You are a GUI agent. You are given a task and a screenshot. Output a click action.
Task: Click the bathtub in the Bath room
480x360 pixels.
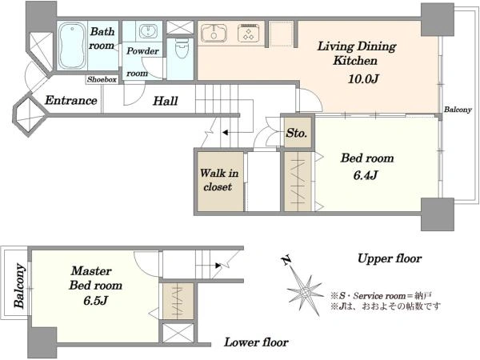pos(73,46)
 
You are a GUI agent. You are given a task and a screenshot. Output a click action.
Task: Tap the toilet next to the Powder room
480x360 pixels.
pos(182,47)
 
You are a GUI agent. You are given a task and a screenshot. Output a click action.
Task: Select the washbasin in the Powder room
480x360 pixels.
pos(149,30)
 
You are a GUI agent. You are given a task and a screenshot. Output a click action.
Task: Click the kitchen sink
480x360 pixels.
pos(214,34)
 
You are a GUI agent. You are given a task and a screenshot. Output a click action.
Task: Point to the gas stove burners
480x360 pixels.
pos(248,33)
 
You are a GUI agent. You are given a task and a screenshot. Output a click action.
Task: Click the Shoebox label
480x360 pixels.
pos(102,79)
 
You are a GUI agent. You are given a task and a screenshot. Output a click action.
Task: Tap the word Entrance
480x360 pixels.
pos(71,100)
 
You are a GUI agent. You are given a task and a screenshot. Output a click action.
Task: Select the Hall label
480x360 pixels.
pos(166,101)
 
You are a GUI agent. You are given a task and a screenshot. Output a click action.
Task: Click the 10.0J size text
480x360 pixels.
pos(364,78)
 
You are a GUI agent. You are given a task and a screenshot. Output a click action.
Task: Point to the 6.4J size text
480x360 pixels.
pos(366,175)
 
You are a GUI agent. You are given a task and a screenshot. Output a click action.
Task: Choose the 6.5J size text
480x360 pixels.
pos(95,300)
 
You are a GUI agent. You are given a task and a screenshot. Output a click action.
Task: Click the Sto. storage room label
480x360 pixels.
pos(296,133)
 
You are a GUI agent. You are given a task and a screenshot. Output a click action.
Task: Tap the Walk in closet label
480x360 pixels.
pos(219,180)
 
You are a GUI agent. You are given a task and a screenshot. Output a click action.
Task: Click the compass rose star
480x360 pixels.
pos(305,292)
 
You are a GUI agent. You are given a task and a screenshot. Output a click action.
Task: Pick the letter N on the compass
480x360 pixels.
pos(286,260)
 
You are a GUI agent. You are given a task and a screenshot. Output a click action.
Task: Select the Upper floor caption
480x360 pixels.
pos(390,258)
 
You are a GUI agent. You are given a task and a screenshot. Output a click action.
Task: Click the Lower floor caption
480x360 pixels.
pos(256,342)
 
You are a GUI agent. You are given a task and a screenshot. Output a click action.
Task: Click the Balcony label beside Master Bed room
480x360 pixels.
pos(19,286)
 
